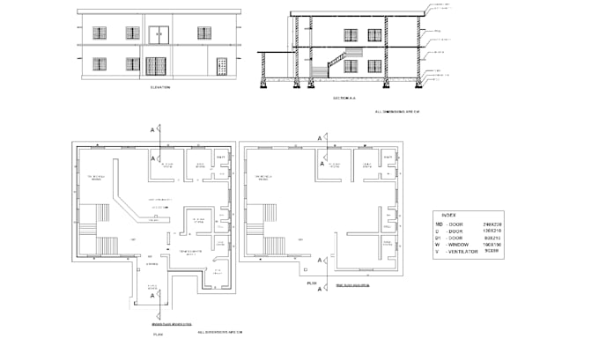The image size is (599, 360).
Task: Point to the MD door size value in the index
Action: (491, 225)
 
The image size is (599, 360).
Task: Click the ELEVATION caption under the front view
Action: (159, 87)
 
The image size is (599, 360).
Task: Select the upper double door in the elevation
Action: (156, 35)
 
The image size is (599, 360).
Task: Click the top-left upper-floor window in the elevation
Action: (100, 33)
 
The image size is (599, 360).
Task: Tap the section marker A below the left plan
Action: (152, 296)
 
